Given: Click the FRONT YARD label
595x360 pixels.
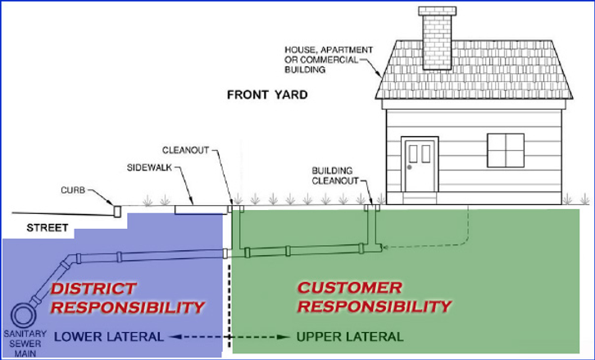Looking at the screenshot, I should pyautogui.click(x=267, y=96).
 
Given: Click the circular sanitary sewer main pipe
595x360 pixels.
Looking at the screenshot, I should pyautogui.click(x=20, y=316).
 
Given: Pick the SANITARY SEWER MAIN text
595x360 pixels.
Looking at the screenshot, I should pyautogui.click(x=20, y=344).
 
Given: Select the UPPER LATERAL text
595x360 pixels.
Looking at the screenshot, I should pyautogui.click(x=350, y=337).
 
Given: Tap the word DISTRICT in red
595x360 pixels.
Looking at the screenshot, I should pyautogui.click(x=93, y=289).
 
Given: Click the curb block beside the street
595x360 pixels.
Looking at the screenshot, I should pyautogui.click(x=116, y=211).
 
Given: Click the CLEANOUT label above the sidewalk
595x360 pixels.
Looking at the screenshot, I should pyautogui.click(x=185, y=151).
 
